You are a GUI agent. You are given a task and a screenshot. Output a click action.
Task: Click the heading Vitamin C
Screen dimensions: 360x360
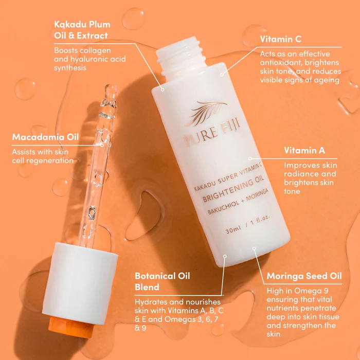pos(281,39)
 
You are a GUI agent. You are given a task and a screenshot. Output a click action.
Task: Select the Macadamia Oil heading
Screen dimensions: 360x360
pos(45,137)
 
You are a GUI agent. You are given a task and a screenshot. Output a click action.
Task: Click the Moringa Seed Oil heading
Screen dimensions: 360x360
pos(304,276)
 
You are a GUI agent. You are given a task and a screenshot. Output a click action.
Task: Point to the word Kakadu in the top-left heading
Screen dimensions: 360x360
pos(70,24)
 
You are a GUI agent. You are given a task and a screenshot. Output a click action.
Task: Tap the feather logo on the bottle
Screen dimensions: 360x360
pos(206,111)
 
